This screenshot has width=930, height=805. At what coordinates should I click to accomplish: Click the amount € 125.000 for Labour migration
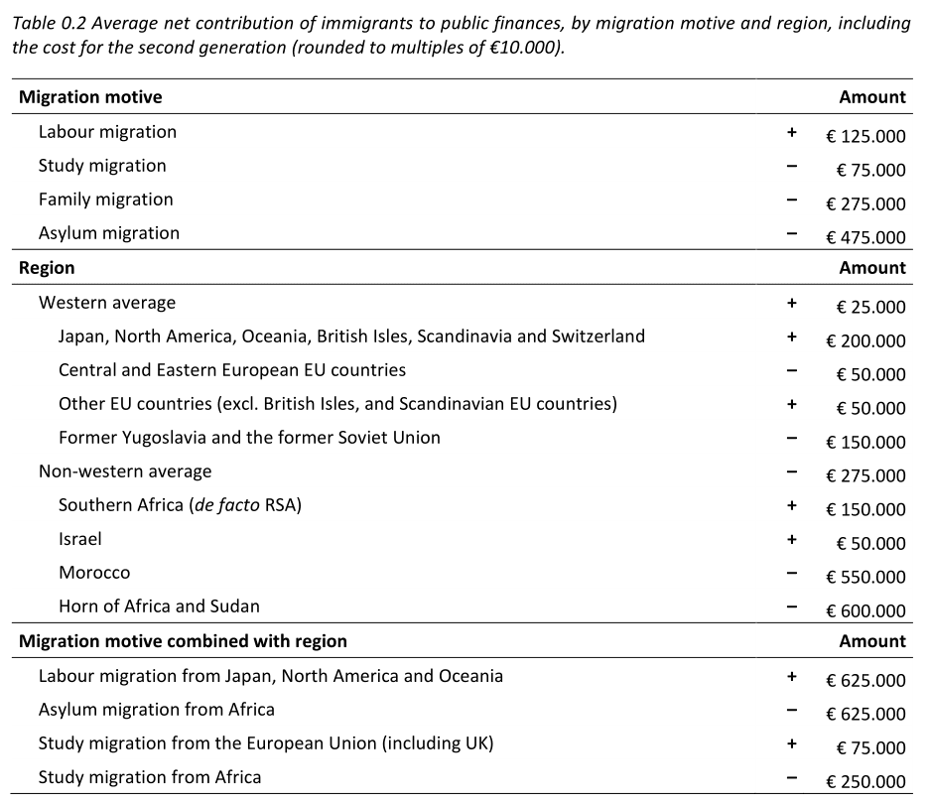pos(865,136)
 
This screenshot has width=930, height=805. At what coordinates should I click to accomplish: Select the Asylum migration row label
pos(109,233)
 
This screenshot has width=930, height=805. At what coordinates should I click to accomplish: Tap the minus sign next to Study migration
pos(791,166)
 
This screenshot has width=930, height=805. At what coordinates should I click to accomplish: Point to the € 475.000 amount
pos(865,237)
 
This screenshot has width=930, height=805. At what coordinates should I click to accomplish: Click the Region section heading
pos(47,268)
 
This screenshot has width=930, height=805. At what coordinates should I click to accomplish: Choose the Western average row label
pos(107,303)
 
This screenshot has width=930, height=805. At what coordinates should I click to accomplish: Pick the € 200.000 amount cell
pos(865,340)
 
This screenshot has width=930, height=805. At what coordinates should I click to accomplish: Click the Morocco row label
pos(94,573)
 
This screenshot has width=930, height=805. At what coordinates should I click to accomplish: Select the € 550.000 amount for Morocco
pos(865,577)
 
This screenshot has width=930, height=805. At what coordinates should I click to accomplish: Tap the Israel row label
pos(80,539)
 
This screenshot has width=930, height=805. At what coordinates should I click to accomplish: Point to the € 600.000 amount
pos(865,610)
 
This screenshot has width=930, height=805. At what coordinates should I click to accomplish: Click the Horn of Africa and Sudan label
pos(159,606)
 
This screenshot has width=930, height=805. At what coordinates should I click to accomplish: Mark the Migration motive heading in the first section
pos(90,97)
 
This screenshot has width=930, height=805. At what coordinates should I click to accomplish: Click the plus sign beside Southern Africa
pos(791,505)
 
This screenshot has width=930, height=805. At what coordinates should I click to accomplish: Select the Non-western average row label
pos(125,471)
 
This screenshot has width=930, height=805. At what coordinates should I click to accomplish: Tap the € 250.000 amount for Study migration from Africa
pos(865,781)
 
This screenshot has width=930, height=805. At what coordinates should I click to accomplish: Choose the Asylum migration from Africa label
pos(157,710)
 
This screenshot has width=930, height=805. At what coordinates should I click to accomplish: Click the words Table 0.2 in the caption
pos(49,24)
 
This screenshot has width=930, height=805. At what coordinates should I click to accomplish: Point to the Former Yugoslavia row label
pos(249,438)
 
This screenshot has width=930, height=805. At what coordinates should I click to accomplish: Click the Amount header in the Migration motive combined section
pos(872,641)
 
